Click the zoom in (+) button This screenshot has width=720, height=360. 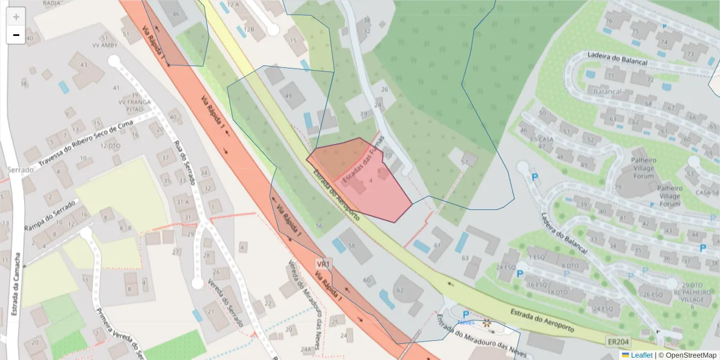point(16,17)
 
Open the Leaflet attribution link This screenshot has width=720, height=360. point(641,355)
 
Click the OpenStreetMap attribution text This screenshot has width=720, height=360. point(688,355)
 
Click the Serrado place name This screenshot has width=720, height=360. point(21,170)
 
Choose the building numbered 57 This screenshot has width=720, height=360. point(465,161)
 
